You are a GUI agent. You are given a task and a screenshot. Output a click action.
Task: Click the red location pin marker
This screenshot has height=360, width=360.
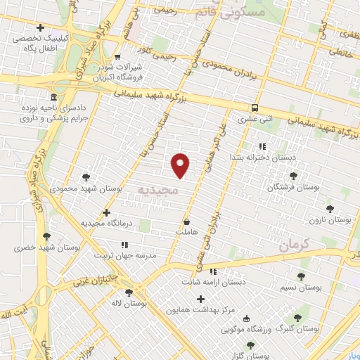(x=181, y=165)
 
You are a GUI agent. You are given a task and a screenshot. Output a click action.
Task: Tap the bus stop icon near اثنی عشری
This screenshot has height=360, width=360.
(x=254, y=108)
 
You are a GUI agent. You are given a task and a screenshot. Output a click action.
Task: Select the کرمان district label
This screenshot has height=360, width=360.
(x=293, y=245)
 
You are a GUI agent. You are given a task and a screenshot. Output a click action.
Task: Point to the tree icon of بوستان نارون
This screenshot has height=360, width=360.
(x=330, y=209)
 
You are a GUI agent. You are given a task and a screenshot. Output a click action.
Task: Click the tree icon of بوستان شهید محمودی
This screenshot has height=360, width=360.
(x=86, y=177)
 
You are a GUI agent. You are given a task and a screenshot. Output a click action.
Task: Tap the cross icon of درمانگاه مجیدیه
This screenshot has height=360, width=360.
(x=106, y=212)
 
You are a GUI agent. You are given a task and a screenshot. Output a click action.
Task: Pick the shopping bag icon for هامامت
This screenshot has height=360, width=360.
(x=186, y=221)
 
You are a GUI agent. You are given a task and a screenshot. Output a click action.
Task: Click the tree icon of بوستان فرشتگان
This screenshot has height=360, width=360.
(x=293, y=176)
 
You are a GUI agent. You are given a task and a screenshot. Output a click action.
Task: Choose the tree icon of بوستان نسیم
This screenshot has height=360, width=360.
(x=302, y=277)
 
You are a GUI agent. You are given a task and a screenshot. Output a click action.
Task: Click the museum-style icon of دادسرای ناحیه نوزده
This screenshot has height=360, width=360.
(x=53, y=97)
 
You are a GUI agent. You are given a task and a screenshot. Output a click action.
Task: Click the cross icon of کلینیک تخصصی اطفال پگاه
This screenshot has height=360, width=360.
(x=40, y=28)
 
